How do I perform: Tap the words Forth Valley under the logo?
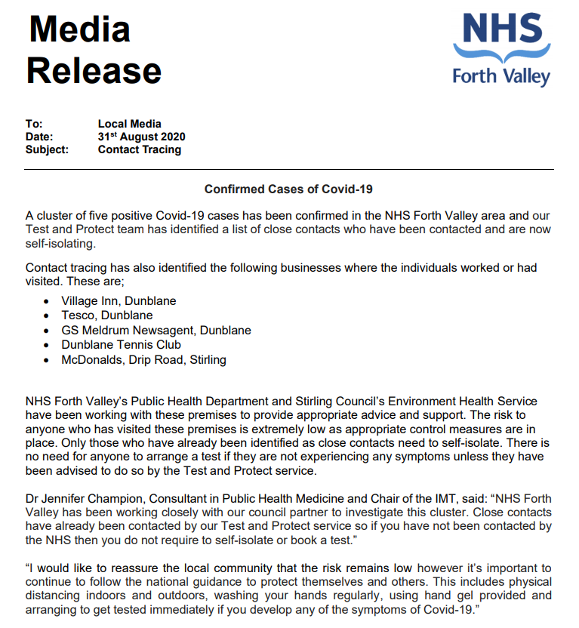pyautogui.click(x=501, y=75)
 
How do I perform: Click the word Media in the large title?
pyautogui.click(x=79, y=29)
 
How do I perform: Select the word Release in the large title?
pyautogui.click(x=94, y=70)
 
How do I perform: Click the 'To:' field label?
pyautogui.click(x=34, y=124)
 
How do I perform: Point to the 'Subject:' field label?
pyautogui.click(x=47, y=149)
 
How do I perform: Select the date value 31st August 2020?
pyautogui.click(x=141, y=137)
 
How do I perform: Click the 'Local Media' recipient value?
pyautogui.click(x=129, y=124)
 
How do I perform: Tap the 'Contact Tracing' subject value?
pyautogui.click(x=139, y=149)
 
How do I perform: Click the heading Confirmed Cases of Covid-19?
pyautogui.click(x=289, y=189)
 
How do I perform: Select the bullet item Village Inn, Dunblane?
pyautogui.click(x=119, y=301)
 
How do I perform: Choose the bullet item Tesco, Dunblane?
pyautogui.click(x=107, y=316)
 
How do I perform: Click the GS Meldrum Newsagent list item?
pyautogui.click(x=156, y=331)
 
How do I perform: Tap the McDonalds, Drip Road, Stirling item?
pyautogui.click(x=143, y=360)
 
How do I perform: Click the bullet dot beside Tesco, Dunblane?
pyautogui.click(x=47, y=316)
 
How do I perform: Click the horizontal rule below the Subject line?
pyautogui.click(x=289, y=169)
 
